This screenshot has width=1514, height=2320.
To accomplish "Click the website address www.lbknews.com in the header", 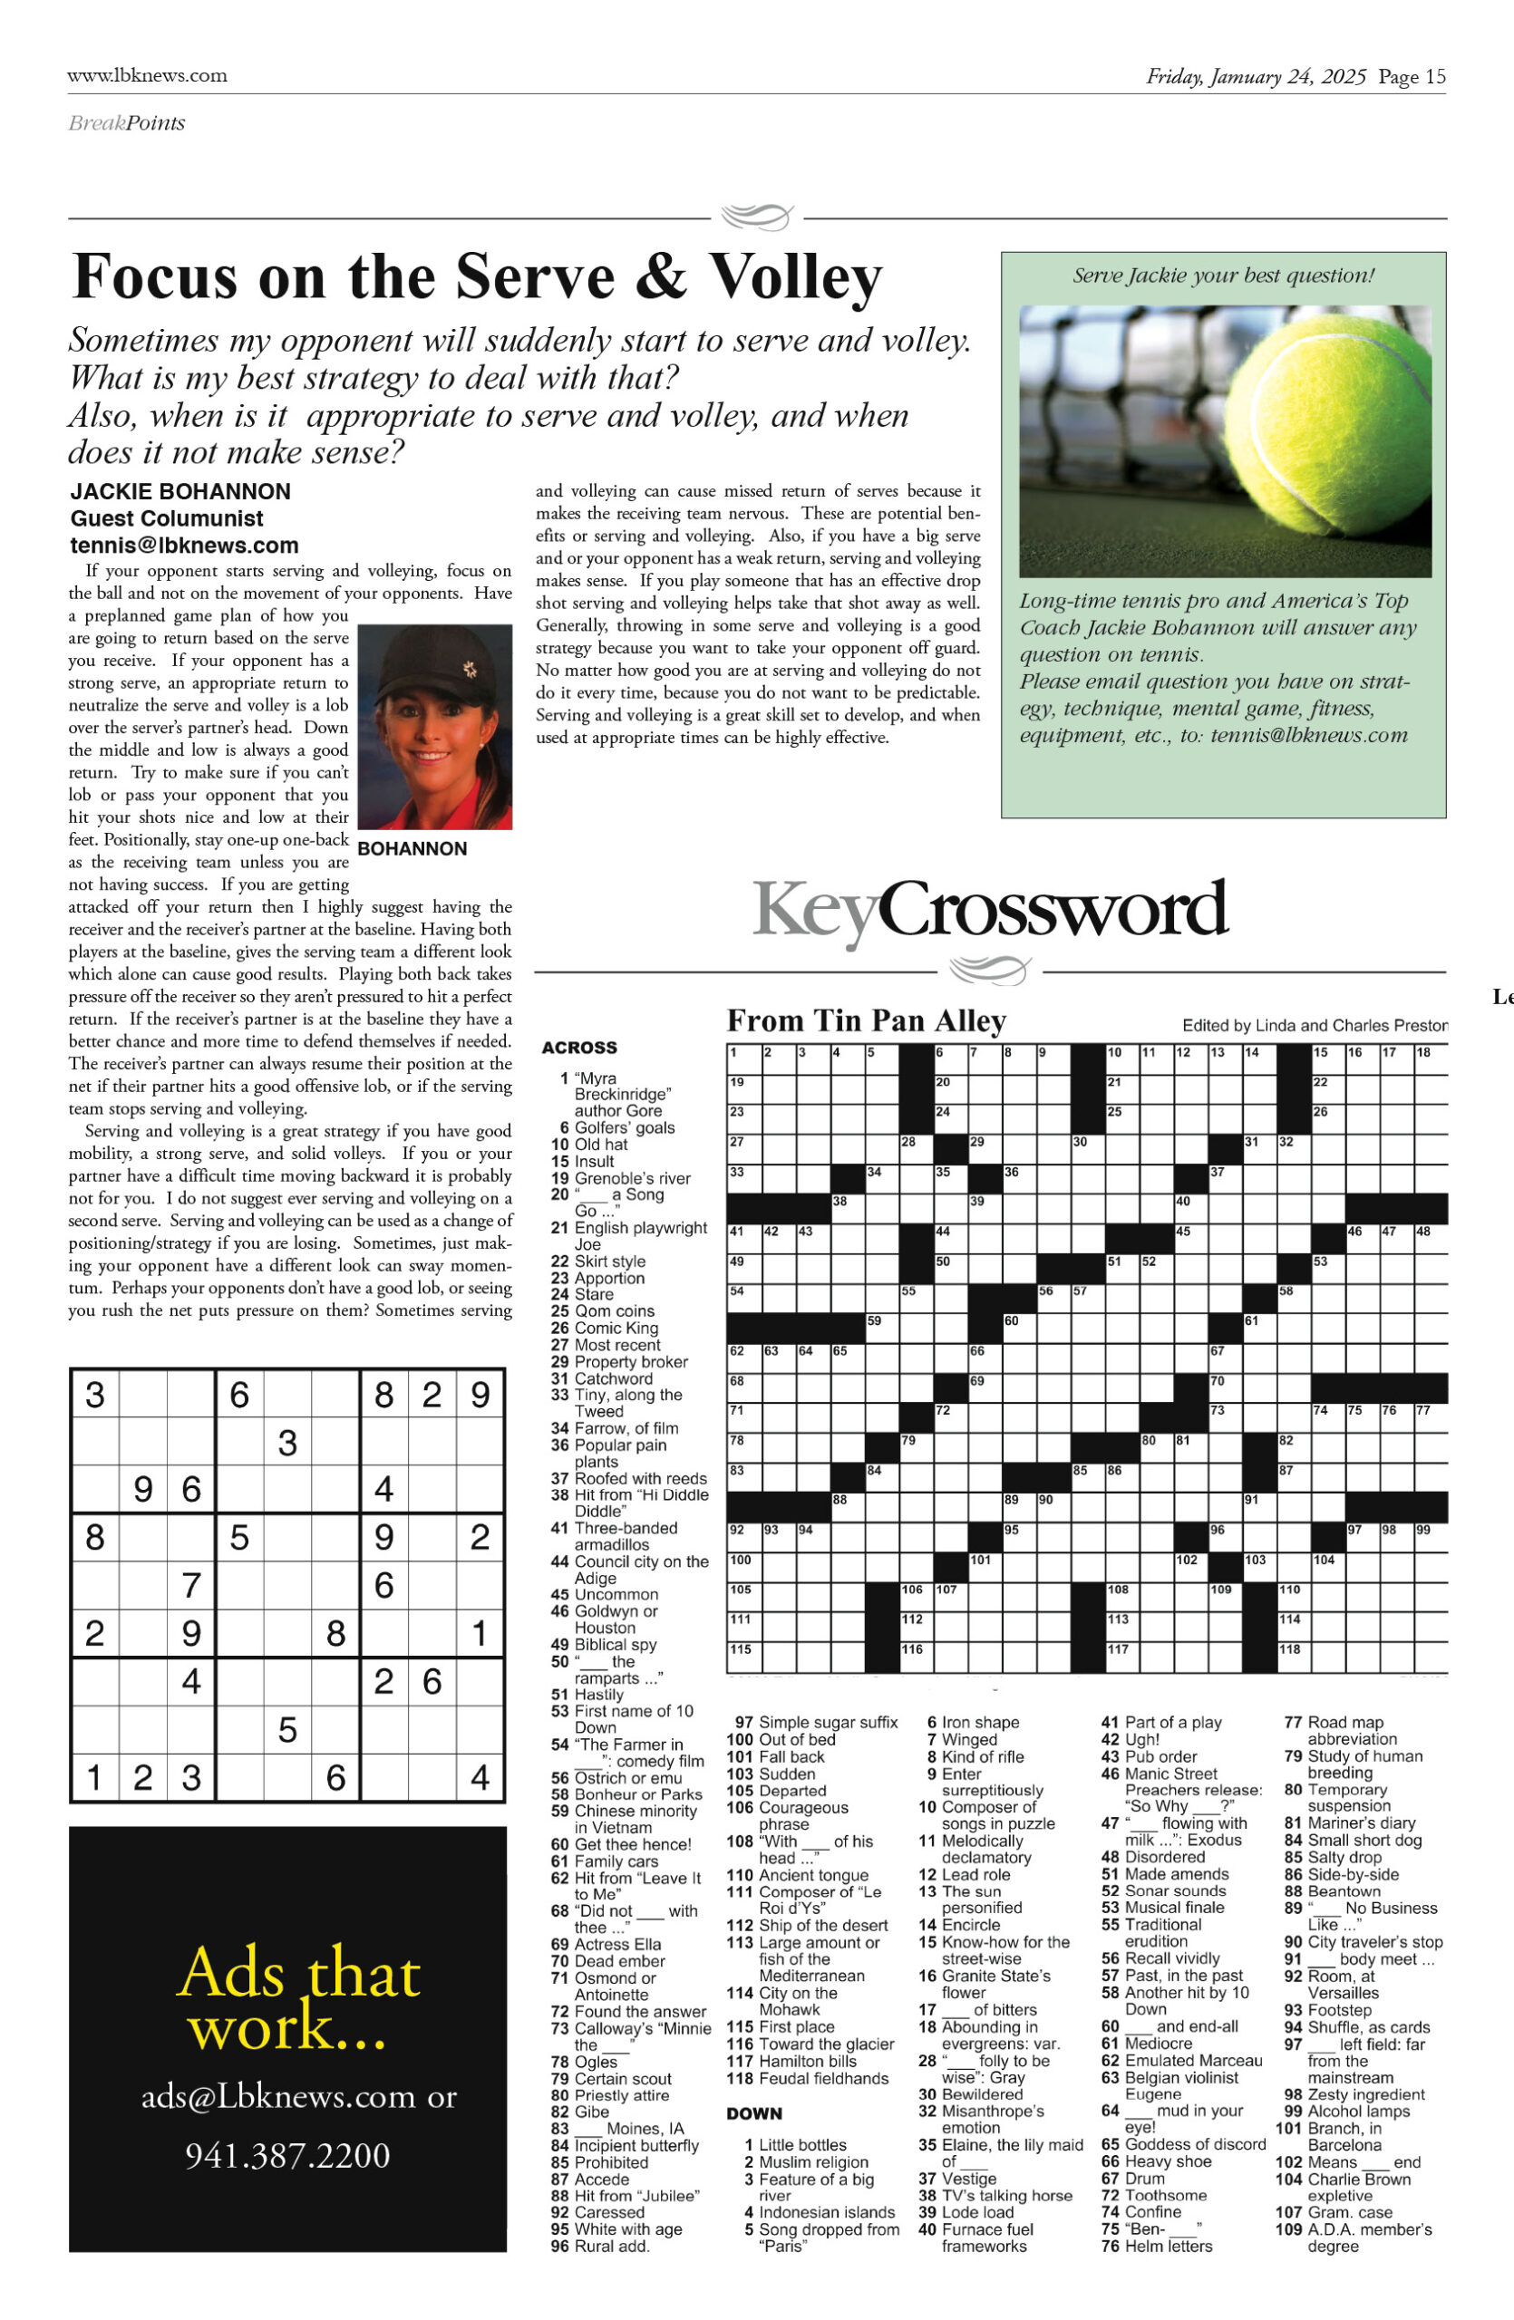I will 147,75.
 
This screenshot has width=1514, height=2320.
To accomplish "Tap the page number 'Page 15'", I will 1412,77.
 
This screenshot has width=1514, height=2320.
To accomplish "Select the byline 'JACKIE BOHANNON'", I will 180,491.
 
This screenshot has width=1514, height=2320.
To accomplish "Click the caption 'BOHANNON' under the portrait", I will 412,849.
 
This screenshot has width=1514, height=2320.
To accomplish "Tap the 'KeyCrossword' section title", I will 989,911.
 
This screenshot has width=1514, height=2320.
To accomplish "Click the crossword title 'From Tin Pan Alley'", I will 866,1020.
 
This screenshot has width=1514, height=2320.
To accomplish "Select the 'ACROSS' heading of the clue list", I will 579,1048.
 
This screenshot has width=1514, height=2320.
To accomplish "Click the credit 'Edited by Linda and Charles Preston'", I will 1315,1026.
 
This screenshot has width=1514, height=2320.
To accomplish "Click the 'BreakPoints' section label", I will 127,123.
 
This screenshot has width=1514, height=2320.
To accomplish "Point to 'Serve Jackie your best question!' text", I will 1224,275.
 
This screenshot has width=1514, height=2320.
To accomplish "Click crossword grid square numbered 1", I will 743,1058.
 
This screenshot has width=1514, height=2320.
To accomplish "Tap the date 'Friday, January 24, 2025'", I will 1256,77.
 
